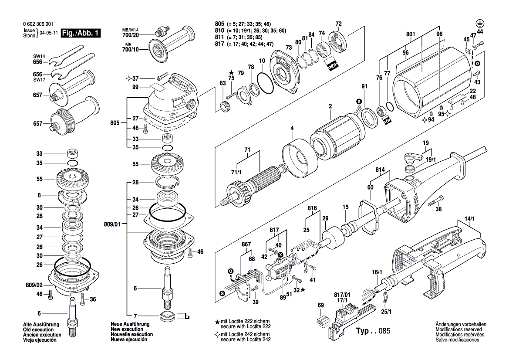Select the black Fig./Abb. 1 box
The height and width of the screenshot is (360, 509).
(81, 33)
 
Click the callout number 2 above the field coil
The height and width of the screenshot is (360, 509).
(330, 106)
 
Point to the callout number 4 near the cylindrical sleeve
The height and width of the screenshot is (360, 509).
(292, 128)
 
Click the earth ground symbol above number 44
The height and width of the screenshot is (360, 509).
(479, 23)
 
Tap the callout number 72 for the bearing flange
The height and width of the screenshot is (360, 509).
(338, 24)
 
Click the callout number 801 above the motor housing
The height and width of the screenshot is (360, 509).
(410, 34)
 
